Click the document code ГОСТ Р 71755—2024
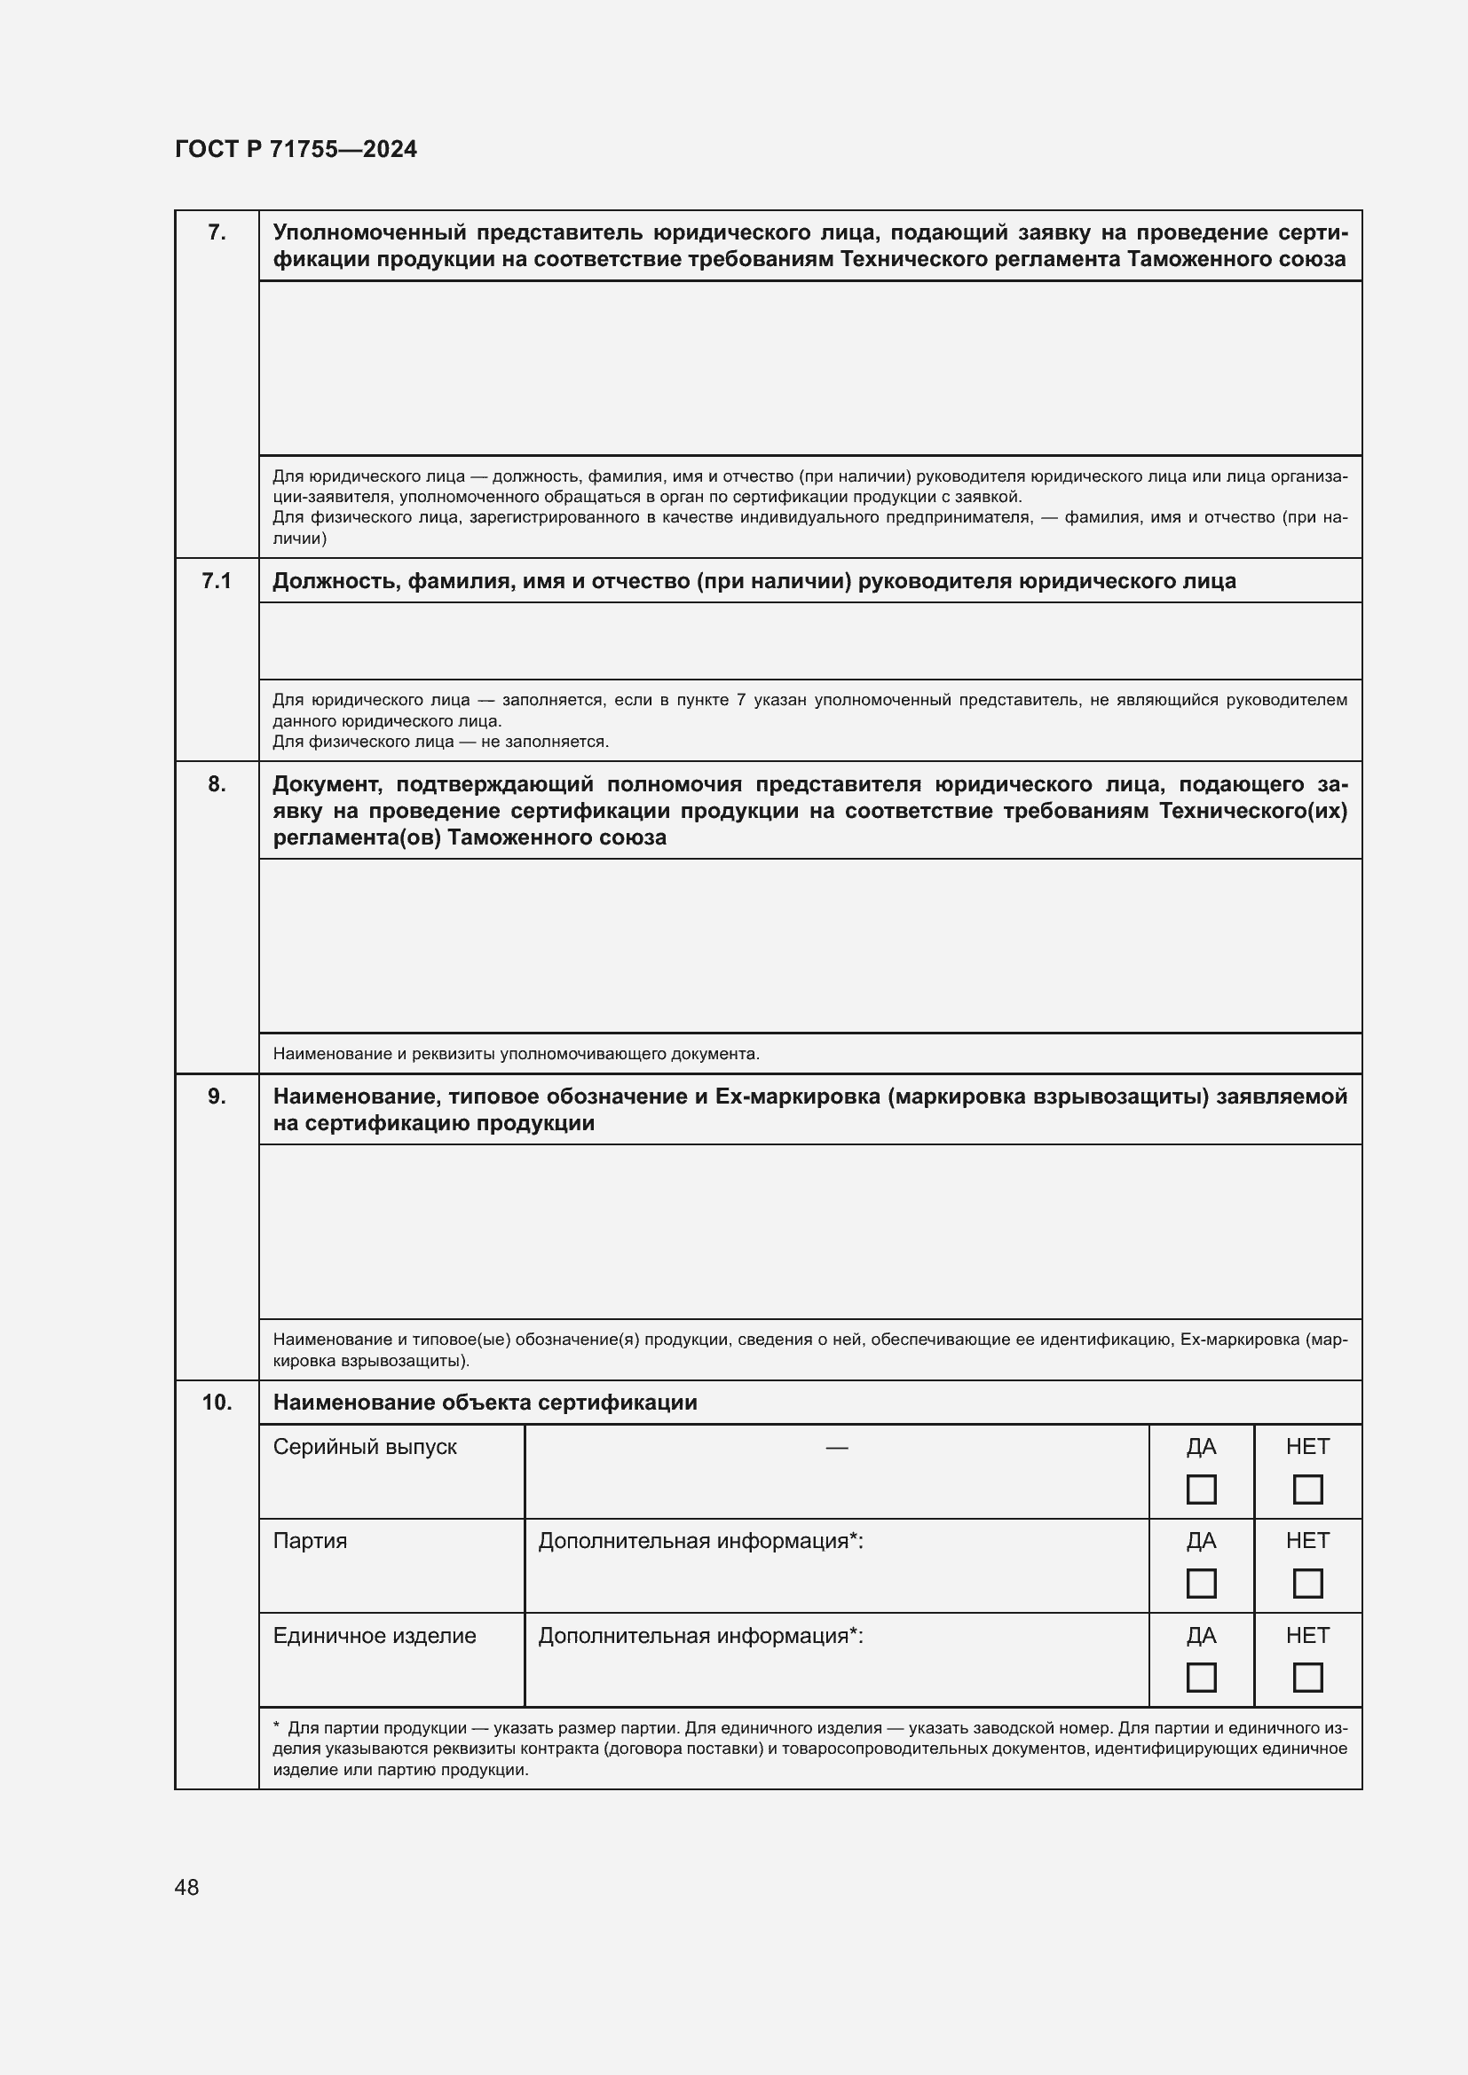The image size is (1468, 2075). pos(296,149)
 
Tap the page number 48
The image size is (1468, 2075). pos(187,1887)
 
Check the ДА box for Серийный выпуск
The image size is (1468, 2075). pos(1201,1489)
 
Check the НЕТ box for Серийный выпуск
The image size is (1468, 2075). pos(1307,1489)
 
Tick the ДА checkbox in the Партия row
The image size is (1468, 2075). pos(1201,1584)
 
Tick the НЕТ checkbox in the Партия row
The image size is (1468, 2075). pos(1307,1584)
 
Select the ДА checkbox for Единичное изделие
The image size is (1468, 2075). pos(1201,1678)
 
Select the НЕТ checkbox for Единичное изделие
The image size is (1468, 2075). pos(1307,1678)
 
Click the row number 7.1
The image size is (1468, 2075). pos(216,581)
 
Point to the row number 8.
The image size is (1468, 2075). pos(216,783)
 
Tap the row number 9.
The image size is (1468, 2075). pos(216,1096)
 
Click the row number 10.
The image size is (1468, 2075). pos(216,1402)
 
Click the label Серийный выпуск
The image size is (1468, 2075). pos(364,1447)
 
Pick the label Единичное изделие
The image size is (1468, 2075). pos(375,1635)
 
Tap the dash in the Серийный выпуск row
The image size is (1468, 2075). pos(836,1448)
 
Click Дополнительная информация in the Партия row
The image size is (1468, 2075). pos(700,1541)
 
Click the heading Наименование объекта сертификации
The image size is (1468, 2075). pos(485,1403)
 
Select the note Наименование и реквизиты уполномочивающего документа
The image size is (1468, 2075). pos(516,1054)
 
